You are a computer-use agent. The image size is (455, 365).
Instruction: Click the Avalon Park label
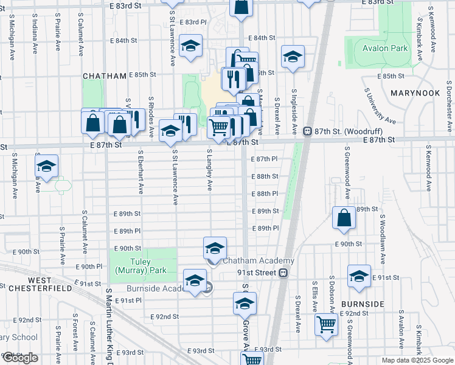(x=385, y=48)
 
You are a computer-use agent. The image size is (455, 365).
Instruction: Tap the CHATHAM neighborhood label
(x=105, y=76)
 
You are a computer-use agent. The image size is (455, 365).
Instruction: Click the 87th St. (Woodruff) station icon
(x=308, y=131)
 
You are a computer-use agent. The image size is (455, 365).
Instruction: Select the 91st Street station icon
(x=283, y=273)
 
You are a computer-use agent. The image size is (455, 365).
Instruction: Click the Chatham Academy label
(x=259, y=260)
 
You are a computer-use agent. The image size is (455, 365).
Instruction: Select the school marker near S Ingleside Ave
(x=293, y=57)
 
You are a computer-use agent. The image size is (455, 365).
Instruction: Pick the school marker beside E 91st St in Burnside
(x=359, y=276)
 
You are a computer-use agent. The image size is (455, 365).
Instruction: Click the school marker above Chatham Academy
(x=215, y=248)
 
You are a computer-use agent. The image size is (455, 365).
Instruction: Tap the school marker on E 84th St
(x=191, y=46)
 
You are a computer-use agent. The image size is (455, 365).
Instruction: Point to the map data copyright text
(x=417, y=360)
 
